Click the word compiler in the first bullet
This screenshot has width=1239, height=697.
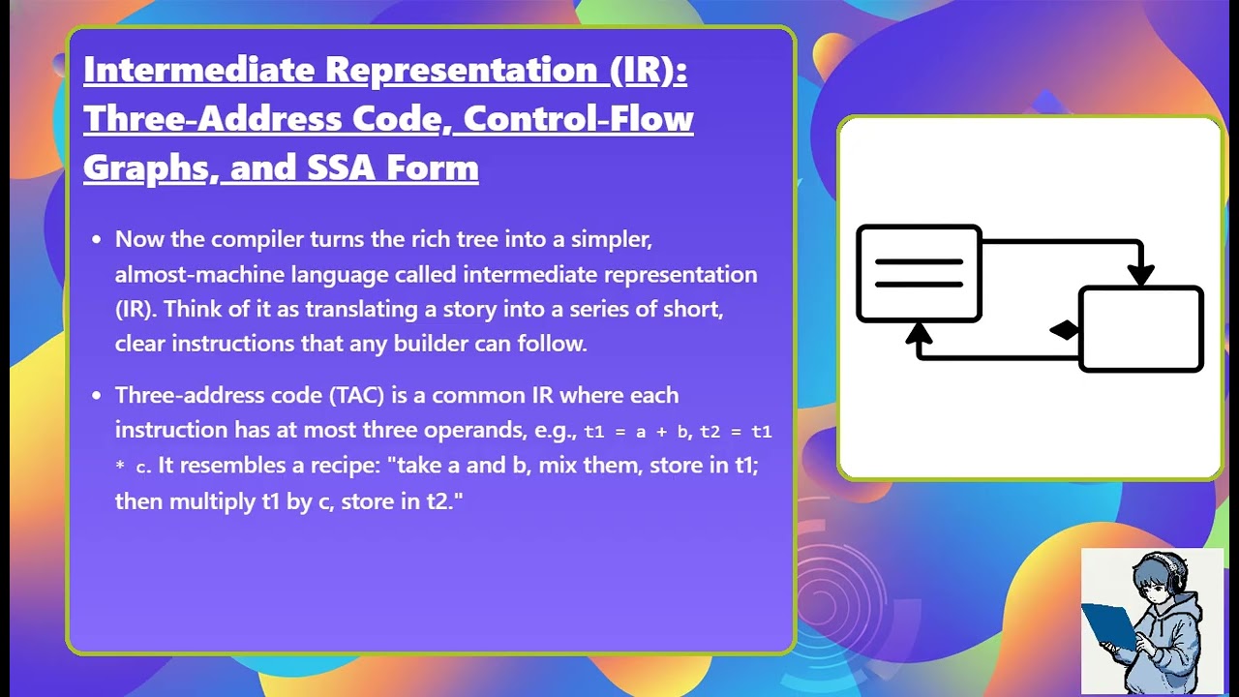[x=257, y=239]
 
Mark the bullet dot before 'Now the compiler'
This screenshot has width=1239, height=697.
[x=96, y=239]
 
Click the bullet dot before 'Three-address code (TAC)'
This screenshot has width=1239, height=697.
[x=96, y=395]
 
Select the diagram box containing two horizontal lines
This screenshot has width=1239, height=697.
[x=919, y=273]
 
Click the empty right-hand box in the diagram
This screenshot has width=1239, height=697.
[x=1142, y=329]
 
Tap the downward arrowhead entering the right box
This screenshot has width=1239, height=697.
[x=1141, y=275]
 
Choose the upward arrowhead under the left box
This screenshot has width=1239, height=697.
[x=919, y=334]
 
